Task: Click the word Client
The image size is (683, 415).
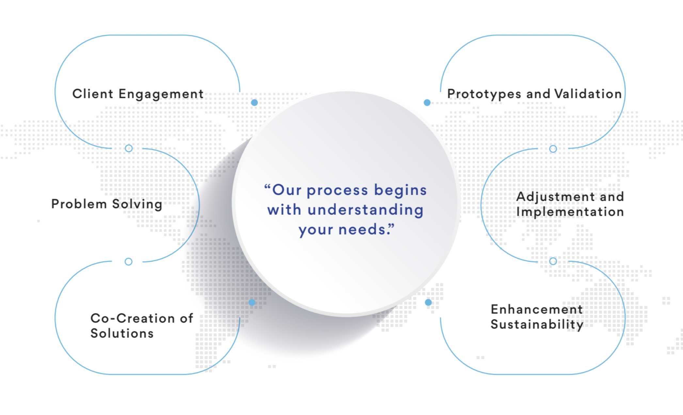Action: click(x=93, y=94)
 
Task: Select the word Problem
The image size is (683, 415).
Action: click(x=79, y=204)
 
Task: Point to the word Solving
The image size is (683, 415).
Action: click(x=137, y=205)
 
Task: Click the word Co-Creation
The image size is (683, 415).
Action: click(x=133, y=318)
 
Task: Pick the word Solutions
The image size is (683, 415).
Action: click(x=122, y=333)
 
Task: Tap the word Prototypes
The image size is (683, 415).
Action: click(x=484, y=94)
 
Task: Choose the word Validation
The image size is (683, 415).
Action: click(x=588, y=94)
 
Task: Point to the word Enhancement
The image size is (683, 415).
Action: click(x=537, y=309)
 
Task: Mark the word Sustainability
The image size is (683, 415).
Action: click(x=537, y=325)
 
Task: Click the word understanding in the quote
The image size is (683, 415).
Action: click(x=366, y=210)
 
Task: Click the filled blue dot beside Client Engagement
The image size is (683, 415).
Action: click(x=254, y=103)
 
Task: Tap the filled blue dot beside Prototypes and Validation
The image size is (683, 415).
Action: click(x=427, y=103)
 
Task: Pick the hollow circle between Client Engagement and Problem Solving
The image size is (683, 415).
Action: click(x=129, y=148)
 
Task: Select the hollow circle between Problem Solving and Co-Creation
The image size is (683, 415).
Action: click(x=129, y=262)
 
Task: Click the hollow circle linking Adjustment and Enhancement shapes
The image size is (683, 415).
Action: click(x=553, y=261)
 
